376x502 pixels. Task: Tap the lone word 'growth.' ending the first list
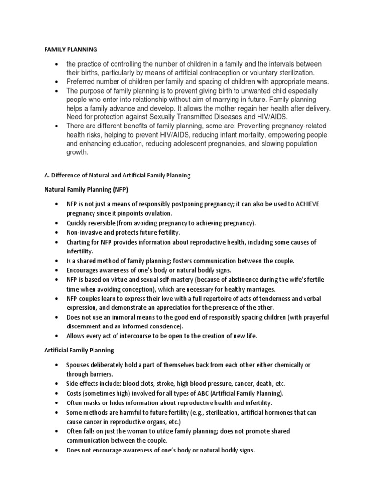point(78,152)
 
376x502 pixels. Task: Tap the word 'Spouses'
point(79,365)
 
